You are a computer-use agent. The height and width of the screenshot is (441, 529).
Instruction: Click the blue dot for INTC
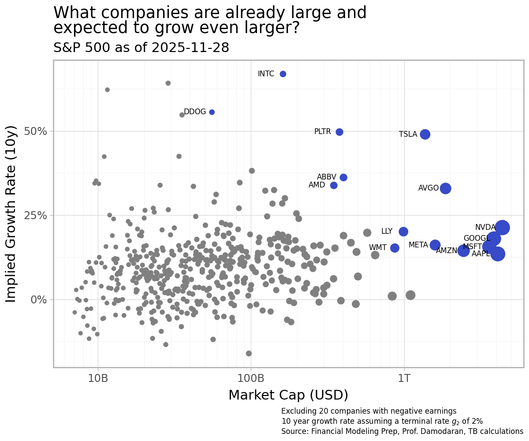pos(283,74)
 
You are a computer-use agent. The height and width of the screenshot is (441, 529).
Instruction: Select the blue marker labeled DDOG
pos(212,112)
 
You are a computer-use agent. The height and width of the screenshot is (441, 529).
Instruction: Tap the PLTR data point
pos(339,132)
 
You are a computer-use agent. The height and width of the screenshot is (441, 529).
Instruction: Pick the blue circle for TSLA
pos(425,134)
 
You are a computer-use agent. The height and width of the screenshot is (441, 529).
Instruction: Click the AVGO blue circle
pos(446,188)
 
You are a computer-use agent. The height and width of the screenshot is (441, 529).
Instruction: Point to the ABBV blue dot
pos(343,177)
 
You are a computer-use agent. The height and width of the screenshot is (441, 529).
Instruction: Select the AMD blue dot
pos(334,185)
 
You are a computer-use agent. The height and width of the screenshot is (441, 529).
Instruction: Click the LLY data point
pos(403,232)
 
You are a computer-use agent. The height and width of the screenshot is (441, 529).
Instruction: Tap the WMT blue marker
pos(395,248)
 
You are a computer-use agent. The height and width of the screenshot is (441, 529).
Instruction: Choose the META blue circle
pos(435,245)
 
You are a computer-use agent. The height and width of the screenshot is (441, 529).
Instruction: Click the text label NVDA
pos(485,228)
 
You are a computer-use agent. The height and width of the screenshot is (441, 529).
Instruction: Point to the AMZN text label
pos(447,251)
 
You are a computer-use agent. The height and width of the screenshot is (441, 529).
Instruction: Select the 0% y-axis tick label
pos(39,299)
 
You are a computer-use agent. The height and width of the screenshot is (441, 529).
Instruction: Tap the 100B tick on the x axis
pos(251,378)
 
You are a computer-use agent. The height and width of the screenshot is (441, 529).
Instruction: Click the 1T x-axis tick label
pos(404,378)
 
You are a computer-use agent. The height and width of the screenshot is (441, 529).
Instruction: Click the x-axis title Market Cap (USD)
pos(288,395)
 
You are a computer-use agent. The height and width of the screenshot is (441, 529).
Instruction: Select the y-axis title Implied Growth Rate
pos(11,214)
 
